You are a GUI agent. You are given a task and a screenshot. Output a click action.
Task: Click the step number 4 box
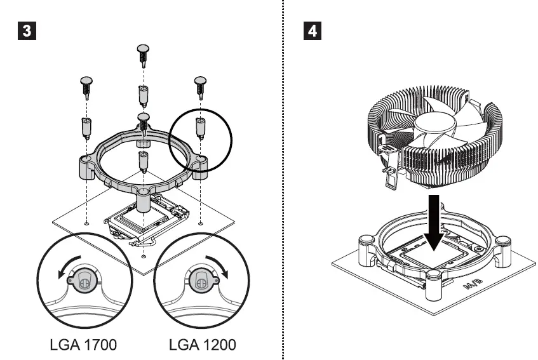click(314, 30)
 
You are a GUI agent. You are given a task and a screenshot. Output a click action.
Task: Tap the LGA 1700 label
click(83, 345)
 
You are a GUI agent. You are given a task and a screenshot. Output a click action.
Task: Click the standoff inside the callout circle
click(201, 129)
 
